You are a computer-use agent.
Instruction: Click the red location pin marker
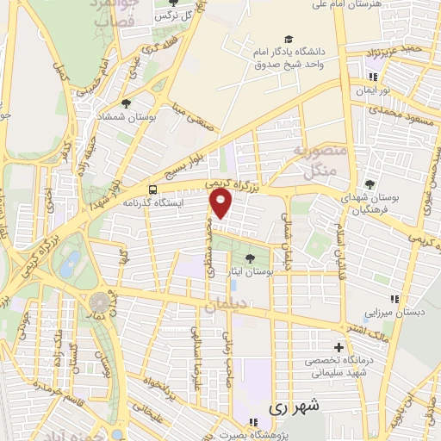point(222,204)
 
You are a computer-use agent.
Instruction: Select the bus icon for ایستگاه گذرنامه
point(152,190)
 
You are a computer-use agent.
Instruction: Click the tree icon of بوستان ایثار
point(249,258)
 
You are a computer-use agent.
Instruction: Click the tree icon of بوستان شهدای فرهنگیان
point(370,183)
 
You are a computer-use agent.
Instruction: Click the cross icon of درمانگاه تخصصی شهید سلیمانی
point(339,346)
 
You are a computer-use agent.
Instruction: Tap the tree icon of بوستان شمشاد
point(127,104)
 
